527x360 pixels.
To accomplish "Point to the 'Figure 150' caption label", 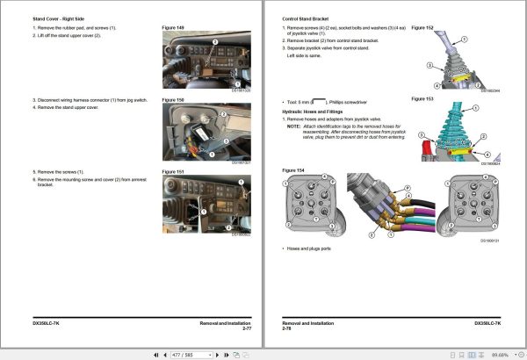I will pyautogui.click(x=173, y=100).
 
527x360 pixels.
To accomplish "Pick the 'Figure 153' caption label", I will pyautogui.click(x=423, y=99).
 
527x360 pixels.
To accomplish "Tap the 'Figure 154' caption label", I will pyautogui.click(x=292, y=169).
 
